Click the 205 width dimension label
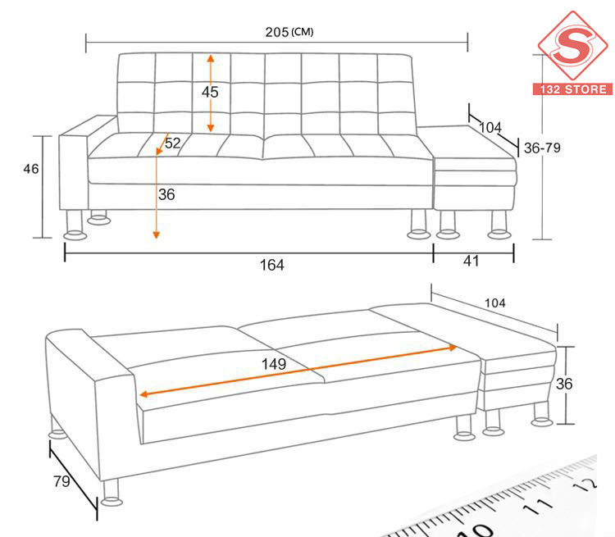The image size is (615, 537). (x=277, y=32)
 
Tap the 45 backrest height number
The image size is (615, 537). (x=210, y=92)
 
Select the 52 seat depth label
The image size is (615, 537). (x=172, y=143)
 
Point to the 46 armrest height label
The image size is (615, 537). (x=31, y=169)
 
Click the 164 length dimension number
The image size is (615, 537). (x=271, y=265)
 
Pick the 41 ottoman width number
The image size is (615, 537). (x=471, y=261)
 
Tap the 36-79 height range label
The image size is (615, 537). (x=543, y=148)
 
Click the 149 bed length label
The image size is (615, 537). (x=274, y=364)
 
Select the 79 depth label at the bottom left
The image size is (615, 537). (x=61, y=481)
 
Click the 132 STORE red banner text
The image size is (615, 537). (x=572, y=89)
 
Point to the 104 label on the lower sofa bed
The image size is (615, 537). (x=495, y=303)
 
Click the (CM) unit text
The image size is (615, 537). (x=302, y=32)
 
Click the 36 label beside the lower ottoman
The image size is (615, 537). (x=564, y=384)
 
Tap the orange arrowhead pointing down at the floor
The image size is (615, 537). (x=156, y=235)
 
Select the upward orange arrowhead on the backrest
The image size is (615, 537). (x=211, y=58)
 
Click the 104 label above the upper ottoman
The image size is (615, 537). (x=490, y=127)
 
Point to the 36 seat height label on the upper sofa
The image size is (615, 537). (x=166, y=194)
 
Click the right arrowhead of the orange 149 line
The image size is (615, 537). (x=453, y=348)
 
